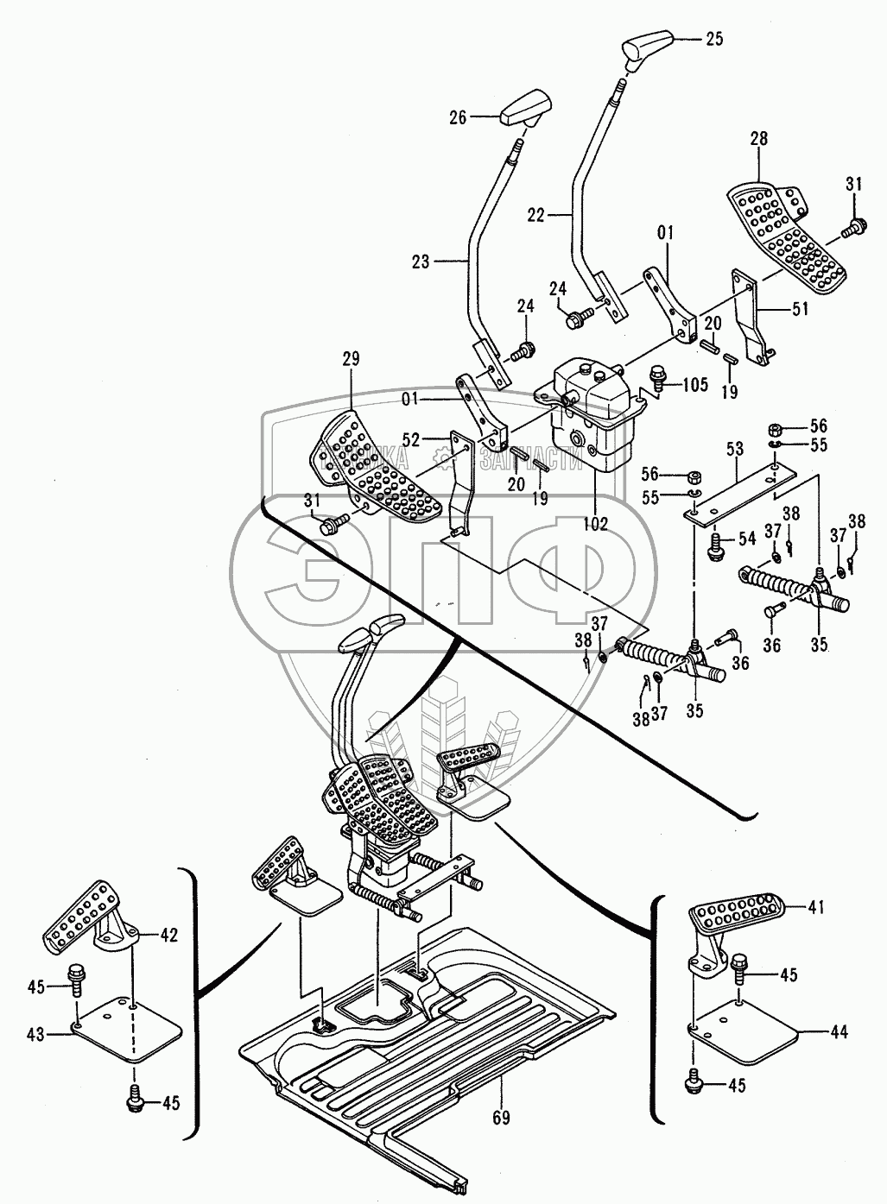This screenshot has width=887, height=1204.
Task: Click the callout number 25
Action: click(713, 39)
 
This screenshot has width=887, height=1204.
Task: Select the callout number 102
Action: click(595, 523)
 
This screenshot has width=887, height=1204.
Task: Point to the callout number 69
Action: click(501, 1118)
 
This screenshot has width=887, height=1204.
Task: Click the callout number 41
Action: click(816, 907)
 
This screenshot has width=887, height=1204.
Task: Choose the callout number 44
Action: click(839, 1031)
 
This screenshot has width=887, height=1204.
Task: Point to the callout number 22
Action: click(536, 216)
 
